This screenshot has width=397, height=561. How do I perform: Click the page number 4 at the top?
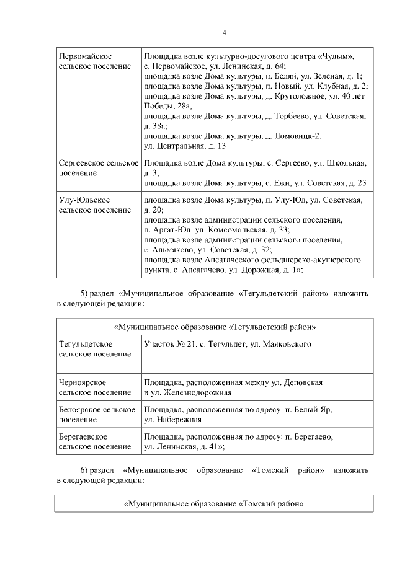pyautogui.click(x=225, y=33)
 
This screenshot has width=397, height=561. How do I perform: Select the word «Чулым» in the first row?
pyautogui.click(x=337, y=56)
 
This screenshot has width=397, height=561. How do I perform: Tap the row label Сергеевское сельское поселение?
pyautogui.click(x=98, y=168)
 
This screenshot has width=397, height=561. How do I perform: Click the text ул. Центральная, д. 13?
pyautogui.click(x=184, y=146)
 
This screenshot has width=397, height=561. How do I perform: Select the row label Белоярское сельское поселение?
pyautogui.click(x=97, y=414)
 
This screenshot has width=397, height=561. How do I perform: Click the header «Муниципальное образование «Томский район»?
pyautogui.click(x=213, y=503)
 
